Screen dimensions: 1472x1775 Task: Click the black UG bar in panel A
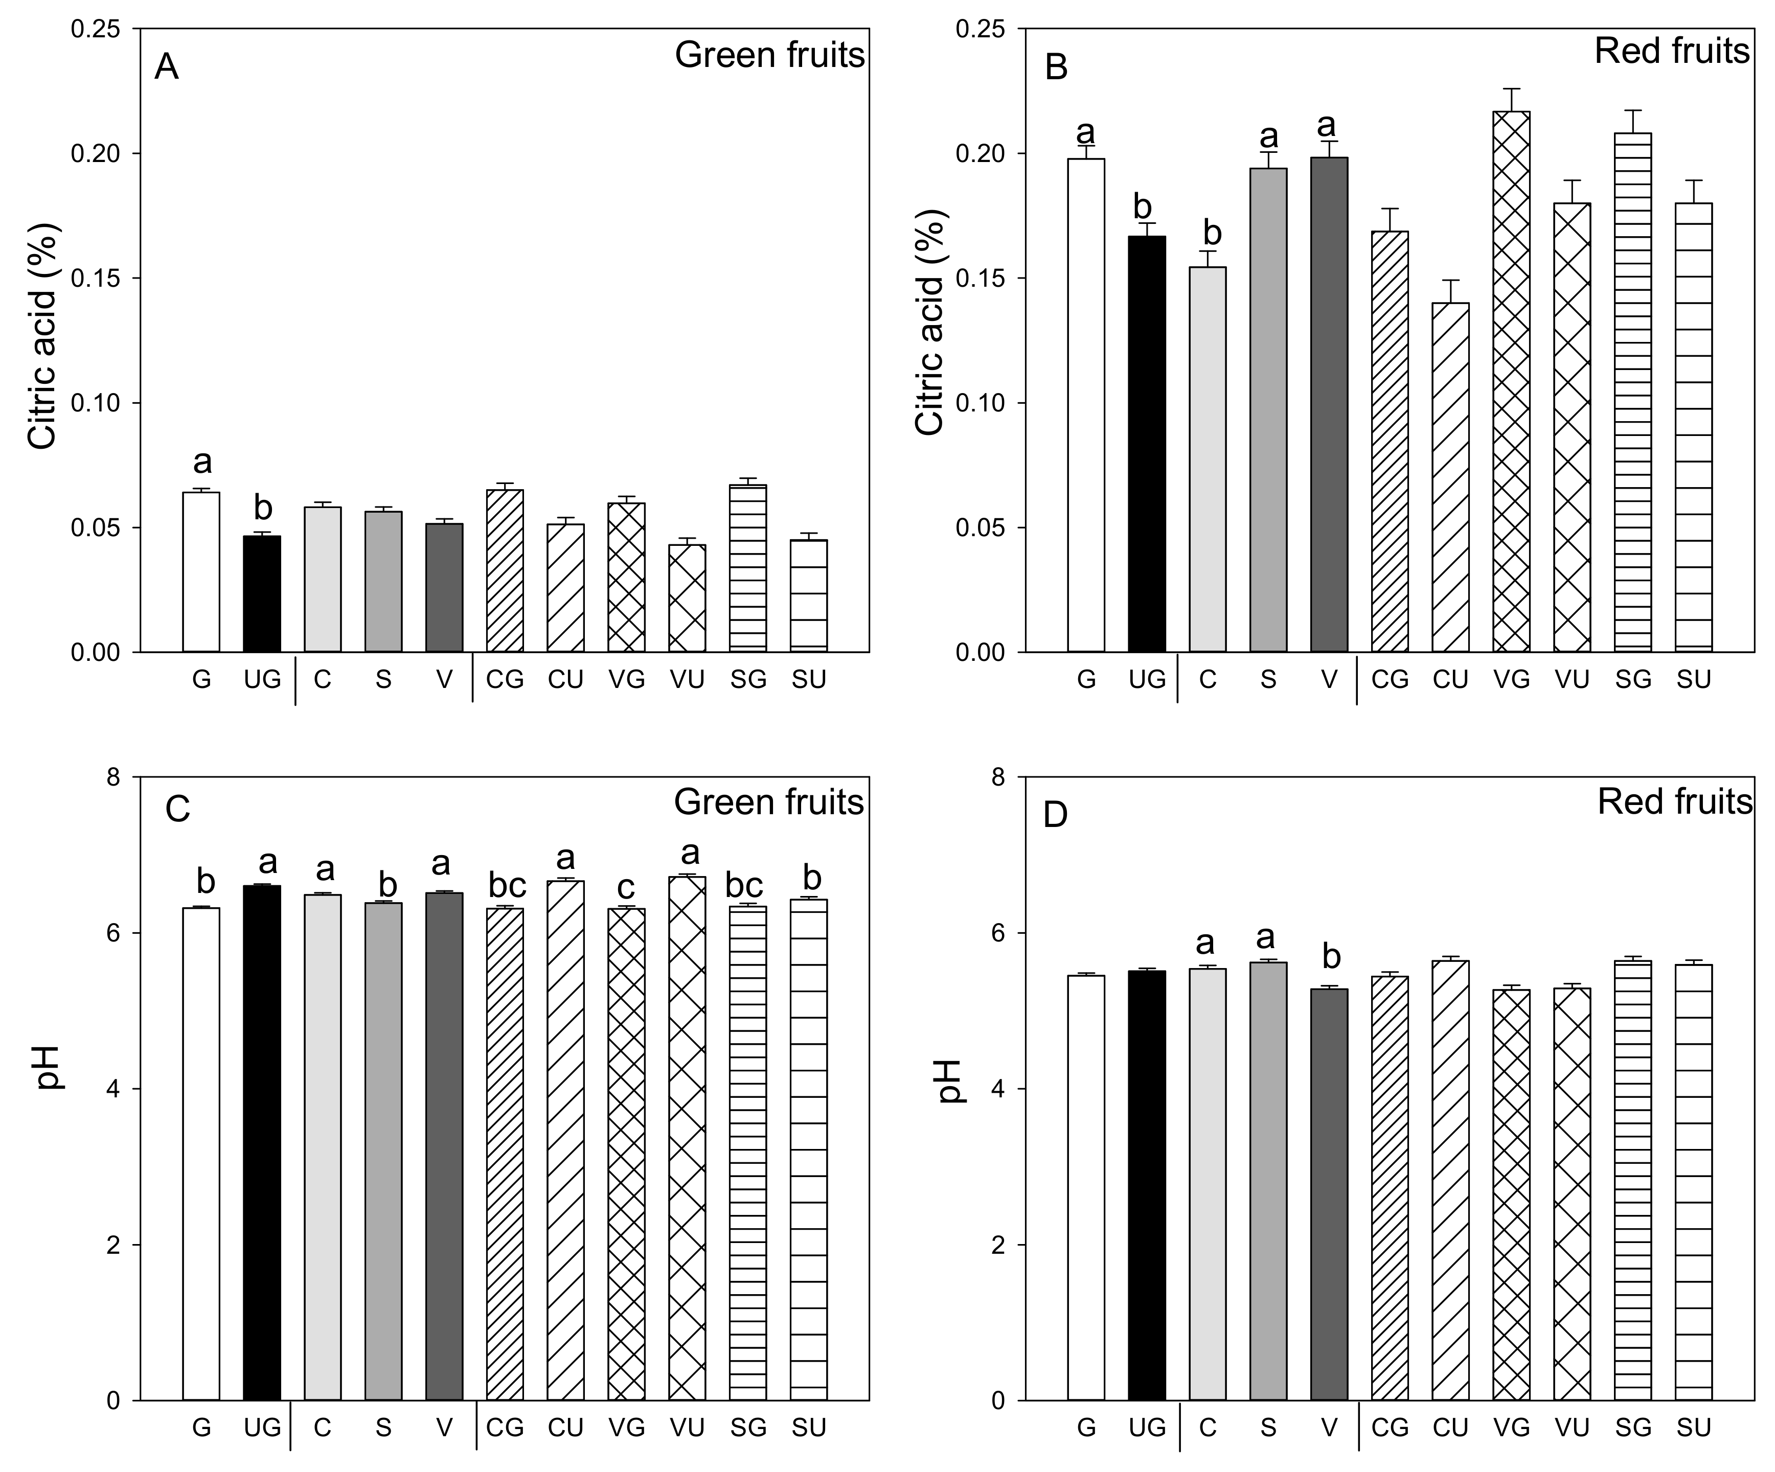click(262, 594)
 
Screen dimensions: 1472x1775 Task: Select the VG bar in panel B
click(1511, 380)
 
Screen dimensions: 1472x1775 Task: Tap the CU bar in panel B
click(1450, 477)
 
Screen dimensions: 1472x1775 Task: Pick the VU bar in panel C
click(687, 1137)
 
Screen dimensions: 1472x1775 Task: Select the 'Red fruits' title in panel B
click(1671, 52)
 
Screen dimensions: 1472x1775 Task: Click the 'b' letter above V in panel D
click(1330, 957)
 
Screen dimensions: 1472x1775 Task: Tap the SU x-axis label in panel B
click(1693, 679)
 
